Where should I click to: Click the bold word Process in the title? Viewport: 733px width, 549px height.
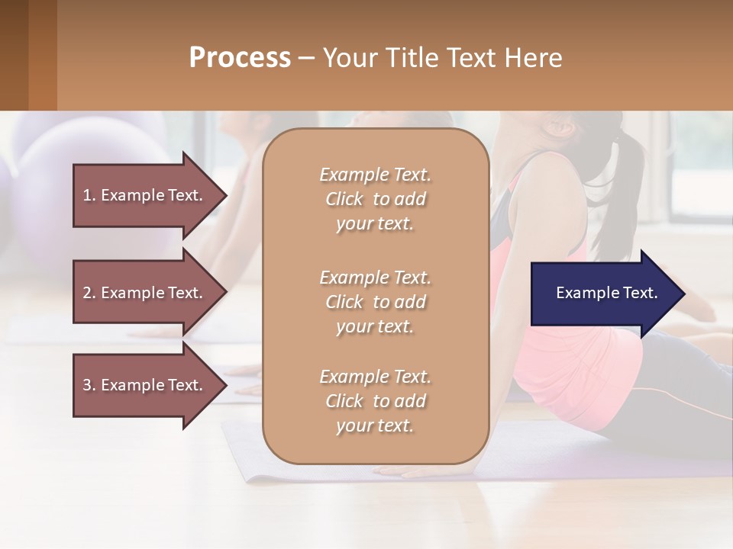coord(240,58)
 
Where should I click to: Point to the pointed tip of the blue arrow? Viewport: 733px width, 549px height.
coord(683,294)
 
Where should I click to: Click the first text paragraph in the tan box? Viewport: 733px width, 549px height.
coord(375,199)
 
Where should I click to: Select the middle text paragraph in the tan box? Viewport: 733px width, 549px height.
coord(375,302)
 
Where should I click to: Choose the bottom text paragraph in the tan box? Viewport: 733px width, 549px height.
coord(375,401)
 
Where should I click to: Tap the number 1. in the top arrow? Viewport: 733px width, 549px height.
coord(89,195)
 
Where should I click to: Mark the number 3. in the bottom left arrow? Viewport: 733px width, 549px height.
coord(89,385)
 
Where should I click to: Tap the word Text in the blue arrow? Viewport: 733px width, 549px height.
coord(641,294)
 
